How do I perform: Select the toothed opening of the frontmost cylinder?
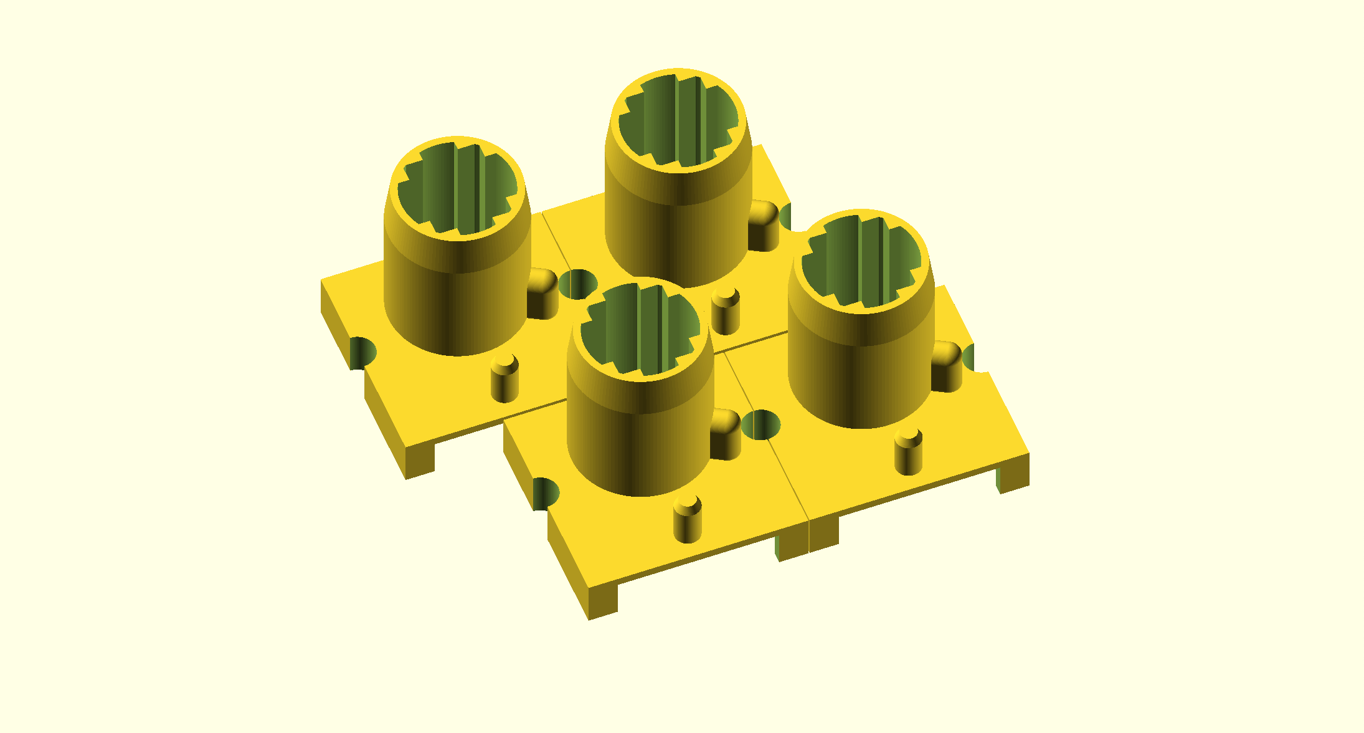tap(640, 330)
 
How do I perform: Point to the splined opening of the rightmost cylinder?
tap(861, 262)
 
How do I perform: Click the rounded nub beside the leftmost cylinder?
tap(542, 294)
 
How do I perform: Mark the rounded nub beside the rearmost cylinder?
tap(763, 225)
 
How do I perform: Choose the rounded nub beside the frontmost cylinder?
tap(725, 434)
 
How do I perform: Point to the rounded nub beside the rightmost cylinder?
tap(946, 367)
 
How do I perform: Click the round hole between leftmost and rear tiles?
tap(578, 284)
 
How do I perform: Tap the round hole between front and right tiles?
tap(760, 425)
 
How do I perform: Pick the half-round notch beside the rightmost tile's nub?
tap(975, 357)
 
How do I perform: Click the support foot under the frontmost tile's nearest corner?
tap(602, 601)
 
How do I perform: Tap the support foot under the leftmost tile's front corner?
tap(420, 462)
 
